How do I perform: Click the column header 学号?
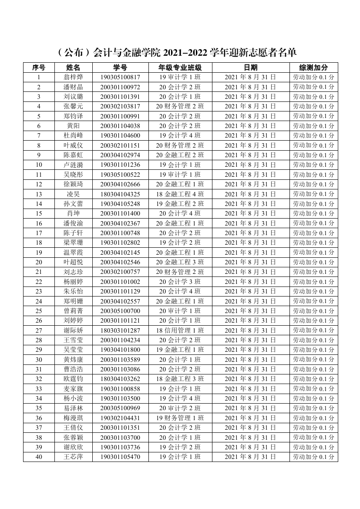[120, 67]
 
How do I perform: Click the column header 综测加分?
[313, 67]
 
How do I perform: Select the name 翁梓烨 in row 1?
[73, 78]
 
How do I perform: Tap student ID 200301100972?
[120, 87]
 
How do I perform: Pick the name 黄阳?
[73, 126]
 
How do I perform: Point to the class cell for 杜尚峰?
[180, 135]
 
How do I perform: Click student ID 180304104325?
[120, 194]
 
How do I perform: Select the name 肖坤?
[73, 213]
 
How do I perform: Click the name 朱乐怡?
[73, 291]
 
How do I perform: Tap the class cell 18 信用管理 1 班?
[180, 330]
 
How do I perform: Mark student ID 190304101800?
[120, 350]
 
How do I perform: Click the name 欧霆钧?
[73, 379]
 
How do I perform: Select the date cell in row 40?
[250, 457]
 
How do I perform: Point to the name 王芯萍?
[73, 457]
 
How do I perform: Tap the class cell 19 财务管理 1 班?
[180, 418]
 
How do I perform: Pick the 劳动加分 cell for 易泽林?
[313, 408]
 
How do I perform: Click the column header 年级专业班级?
[180, 67]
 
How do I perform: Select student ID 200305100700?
[120, 311]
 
